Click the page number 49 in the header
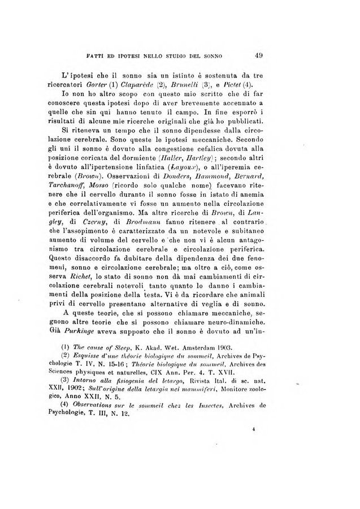coord(259,55)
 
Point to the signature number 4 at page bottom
coord(255,445)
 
